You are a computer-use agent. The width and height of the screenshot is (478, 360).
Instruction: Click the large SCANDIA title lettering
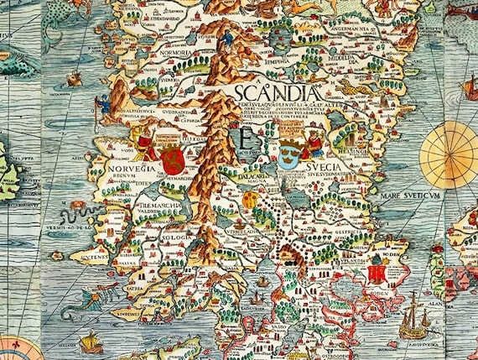point(276,91)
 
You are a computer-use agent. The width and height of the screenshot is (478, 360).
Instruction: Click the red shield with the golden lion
point(169,157)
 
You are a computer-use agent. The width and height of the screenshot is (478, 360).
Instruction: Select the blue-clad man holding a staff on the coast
point(103,107)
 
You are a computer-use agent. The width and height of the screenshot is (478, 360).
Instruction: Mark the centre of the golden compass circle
point(449,155)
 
